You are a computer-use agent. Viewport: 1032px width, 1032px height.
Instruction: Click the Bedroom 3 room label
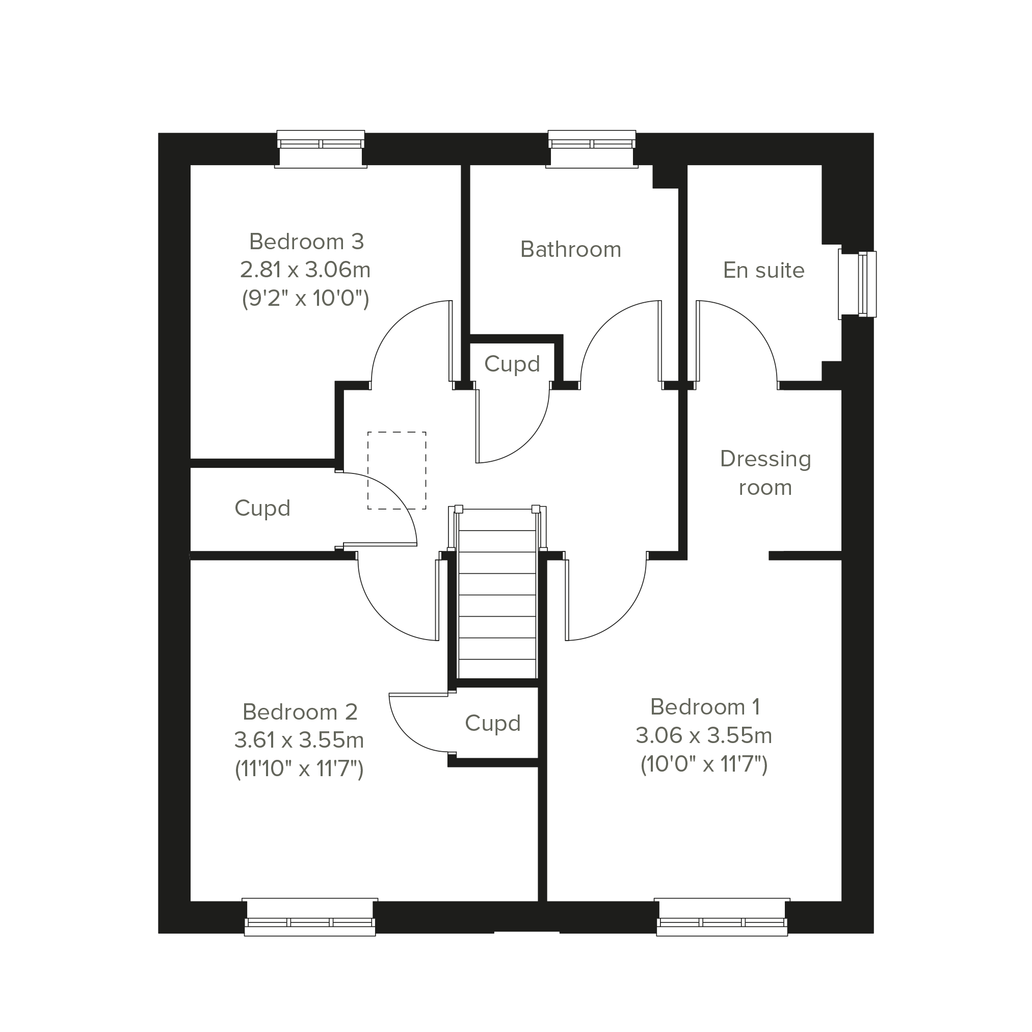[307, 242]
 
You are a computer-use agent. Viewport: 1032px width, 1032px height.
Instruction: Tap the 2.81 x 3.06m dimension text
[305, 270]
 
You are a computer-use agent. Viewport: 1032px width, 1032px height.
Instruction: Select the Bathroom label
[570, 249]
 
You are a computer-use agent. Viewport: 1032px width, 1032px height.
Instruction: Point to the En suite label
[763, 270]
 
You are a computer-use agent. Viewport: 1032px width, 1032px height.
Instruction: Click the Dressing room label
[765, 473]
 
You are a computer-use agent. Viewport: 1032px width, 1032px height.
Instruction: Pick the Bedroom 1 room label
[704, 707]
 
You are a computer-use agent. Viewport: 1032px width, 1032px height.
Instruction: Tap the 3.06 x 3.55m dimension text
[704, 735]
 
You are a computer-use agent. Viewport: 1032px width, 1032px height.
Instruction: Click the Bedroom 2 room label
[300, 712]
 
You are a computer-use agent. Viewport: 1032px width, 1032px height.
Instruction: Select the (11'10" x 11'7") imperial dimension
[299, 769]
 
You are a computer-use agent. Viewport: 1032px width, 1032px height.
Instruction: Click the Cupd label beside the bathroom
[512, 364]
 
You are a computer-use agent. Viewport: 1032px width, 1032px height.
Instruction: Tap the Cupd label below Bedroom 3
[262, 508]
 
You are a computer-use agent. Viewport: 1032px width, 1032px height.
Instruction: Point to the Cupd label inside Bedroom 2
[492, 723]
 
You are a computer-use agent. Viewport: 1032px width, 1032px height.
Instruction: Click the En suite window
[857, 284]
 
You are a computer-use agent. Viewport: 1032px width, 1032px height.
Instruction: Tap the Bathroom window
[592, 149]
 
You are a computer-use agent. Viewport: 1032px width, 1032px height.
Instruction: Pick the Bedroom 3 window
[321, 149]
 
